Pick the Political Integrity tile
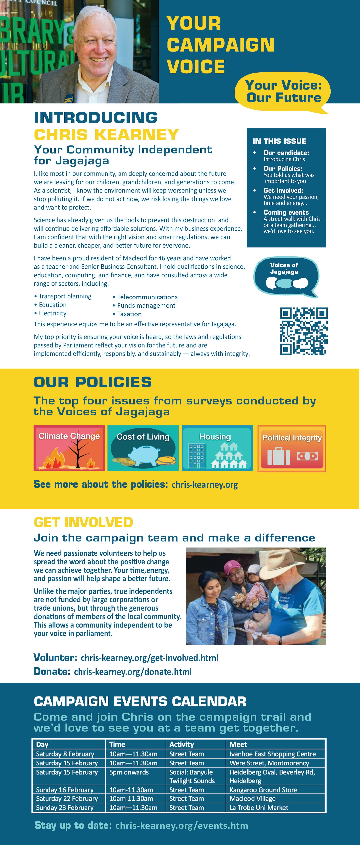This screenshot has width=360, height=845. coord(292,448)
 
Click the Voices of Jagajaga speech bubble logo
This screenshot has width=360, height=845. coord(285,277)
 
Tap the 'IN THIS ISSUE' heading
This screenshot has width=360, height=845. coord(279,141)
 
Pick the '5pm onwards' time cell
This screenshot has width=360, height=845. coord(129,772)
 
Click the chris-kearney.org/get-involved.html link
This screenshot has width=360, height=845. coord(149,658)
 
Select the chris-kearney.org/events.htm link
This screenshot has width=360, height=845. coord(181,825)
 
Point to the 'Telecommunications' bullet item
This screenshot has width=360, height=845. coord(147,297)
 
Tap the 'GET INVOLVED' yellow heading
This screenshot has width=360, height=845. coord(83,522)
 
